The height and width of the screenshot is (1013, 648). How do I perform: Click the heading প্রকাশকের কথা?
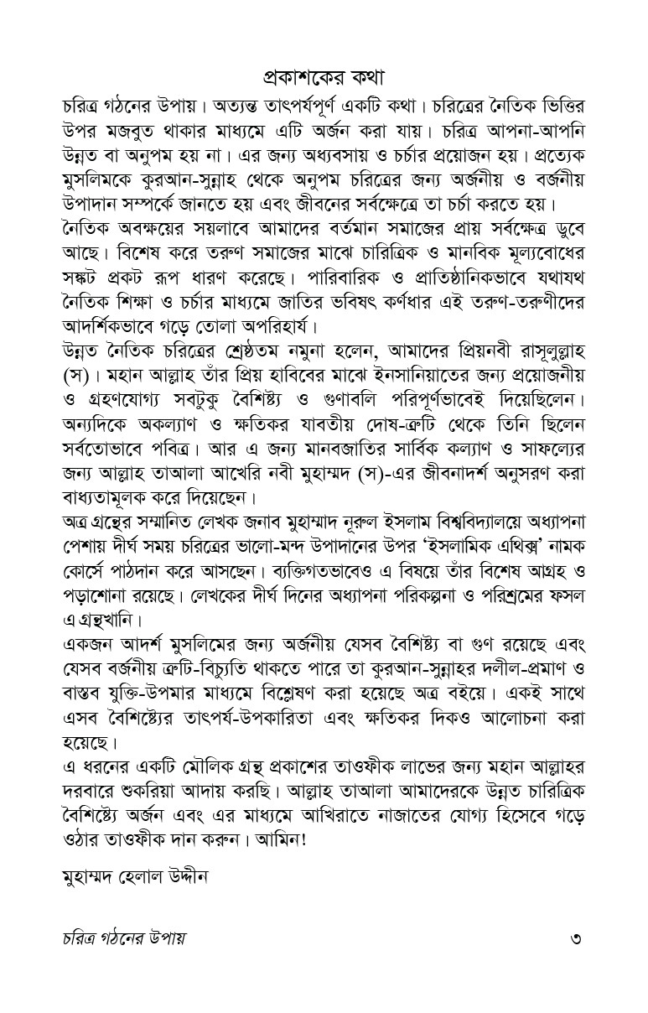324,77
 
